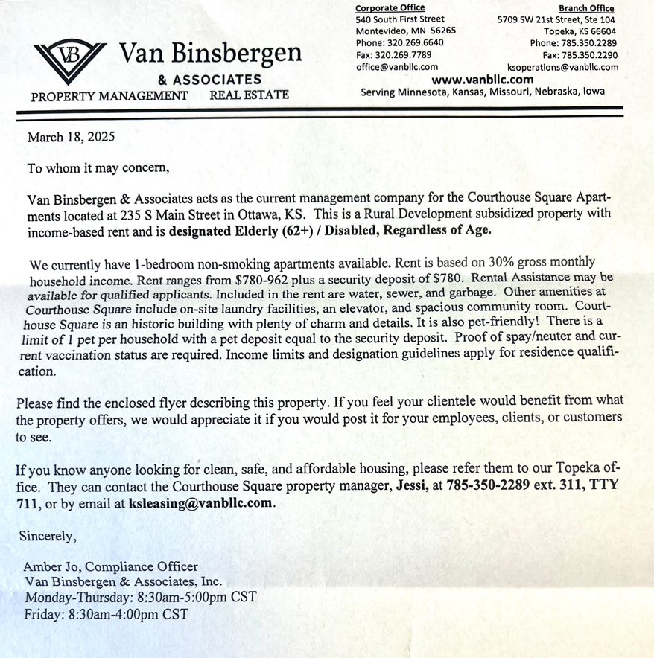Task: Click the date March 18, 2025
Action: click(x=71, y=137)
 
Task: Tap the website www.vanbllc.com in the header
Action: click(x=482, y=80)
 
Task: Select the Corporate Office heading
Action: click(x=390, y=8)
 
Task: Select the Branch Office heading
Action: click(x=586, y=8)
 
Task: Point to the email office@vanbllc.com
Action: click(x=396, y=67)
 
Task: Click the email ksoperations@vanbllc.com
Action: click(x=562, y=67)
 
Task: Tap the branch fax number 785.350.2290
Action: click(x=591, y=55)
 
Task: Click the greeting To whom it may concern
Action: click(x=98, y=167)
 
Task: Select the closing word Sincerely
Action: click(x=48, y=535)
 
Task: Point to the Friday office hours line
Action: click(x=106, y=615)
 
